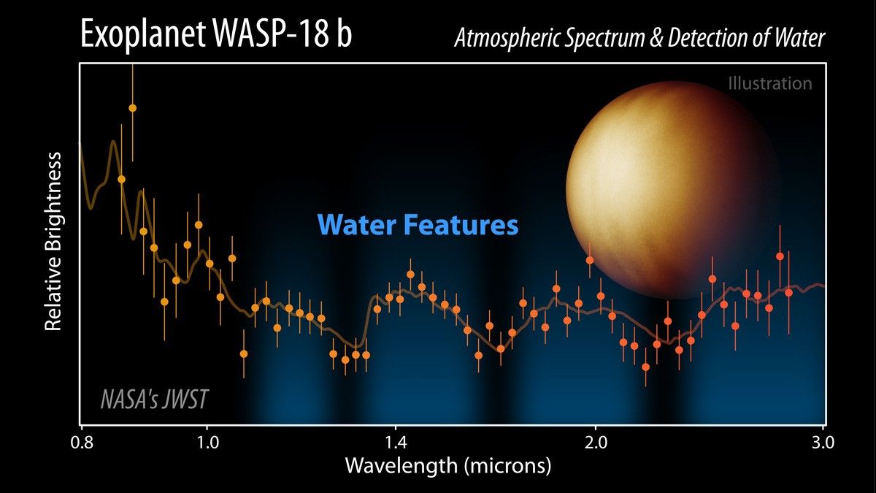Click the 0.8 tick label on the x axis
click(81, 443)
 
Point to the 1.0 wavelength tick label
click(207, 443)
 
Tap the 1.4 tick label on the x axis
click(394, 443)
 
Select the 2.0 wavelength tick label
click(596, 443)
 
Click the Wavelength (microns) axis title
click(447, 465)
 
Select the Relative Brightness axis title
click(54, 242)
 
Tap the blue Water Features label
click(418, 224)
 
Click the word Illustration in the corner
click(769, 83)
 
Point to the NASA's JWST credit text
click(154, 400)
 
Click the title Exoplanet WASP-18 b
click(215, 37)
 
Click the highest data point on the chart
click(132, 108)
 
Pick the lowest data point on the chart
click(645, 366)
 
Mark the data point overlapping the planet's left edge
click(589, 260)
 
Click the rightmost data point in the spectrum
click(788, 292)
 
